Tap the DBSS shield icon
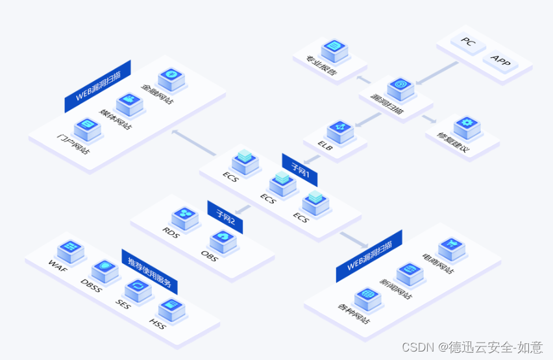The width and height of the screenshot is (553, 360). [104, 268]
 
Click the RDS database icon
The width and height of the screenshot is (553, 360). [185, 215]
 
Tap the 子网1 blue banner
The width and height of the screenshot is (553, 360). [299, 169]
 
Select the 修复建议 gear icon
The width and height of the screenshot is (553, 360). [466, 124]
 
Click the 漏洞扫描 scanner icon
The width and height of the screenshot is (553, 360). [400, 86]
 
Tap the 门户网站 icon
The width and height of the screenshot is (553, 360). [86, 127]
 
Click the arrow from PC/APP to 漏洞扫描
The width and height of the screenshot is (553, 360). [436, 73]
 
